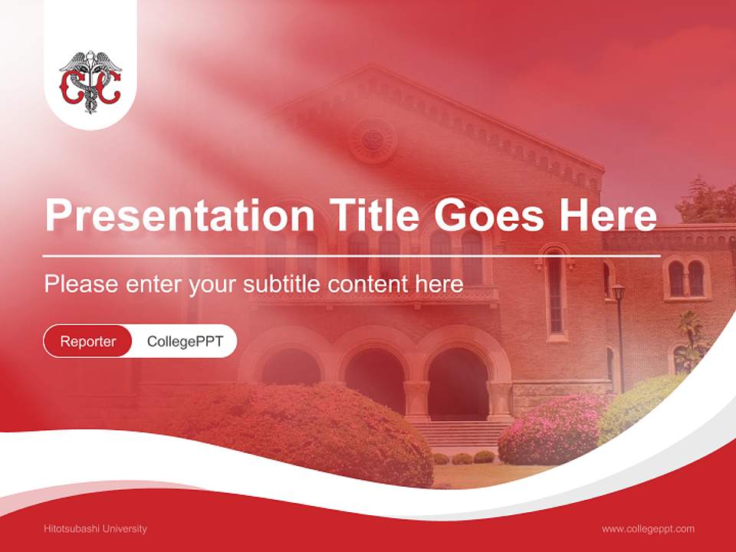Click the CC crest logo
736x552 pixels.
click(90, 82)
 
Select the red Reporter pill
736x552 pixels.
click(88, 341)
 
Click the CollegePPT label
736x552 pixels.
click(185, 341)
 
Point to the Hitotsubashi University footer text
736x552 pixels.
click(96, 528)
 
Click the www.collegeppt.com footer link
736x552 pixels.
click(648, 528)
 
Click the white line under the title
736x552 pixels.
click(352, 255)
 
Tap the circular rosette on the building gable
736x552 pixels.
click(373, 140)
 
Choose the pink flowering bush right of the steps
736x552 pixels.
click(549, 429)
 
